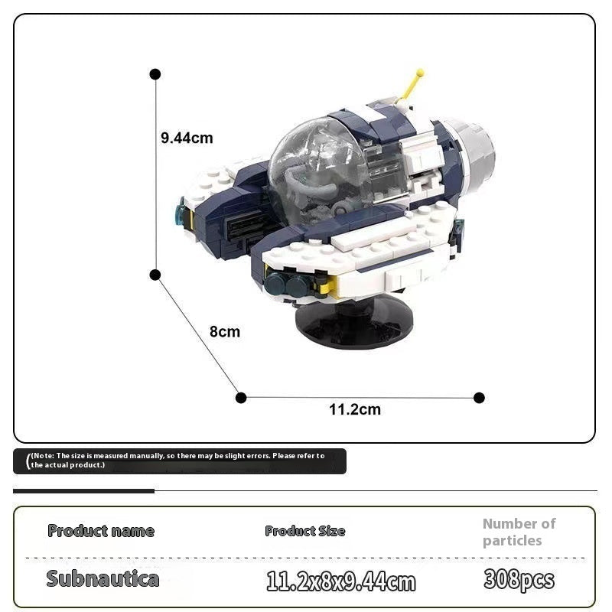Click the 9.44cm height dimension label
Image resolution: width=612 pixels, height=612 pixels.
(x=187, y=138)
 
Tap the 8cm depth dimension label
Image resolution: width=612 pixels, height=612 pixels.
(x=225, y=332)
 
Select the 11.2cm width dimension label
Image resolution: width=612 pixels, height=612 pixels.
(x=355, y=410)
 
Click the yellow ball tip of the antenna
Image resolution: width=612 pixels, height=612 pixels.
(x=420, y=72)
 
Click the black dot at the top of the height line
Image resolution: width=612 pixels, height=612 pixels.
(x=155, y=74)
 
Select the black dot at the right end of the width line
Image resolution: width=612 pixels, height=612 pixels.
(x=479, y=398)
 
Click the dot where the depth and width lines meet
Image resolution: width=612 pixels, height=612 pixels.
(x=241, y=398)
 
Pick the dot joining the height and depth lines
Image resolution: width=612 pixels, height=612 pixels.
(x=155, y=275)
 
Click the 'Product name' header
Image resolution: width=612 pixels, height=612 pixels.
(x=101, y=531)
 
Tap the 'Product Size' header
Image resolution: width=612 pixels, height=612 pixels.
(x=304, y=531)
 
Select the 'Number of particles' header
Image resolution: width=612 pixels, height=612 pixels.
(x=519, y=532)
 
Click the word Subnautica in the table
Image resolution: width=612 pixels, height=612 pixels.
(x=103, y=578)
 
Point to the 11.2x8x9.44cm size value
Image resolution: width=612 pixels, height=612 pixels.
(x=340, y=581)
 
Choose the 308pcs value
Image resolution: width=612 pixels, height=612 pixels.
(x=519, y=579)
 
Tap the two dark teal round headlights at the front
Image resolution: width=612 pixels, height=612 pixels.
(x=288, y=283)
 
